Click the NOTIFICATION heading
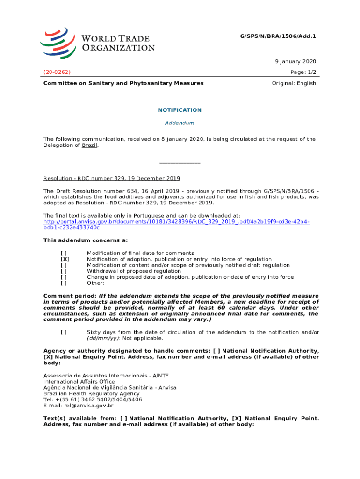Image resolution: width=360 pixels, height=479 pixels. pos(180,110)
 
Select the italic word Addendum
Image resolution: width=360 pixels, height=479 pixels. pos(180,123)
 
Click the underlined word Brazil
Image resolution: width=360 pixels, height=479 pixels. pos(90,145)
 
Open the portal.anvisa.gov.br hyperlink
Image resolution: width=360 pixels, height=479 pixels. pos(176,222)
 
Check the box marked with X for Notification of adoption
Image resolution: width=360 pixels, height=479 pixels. pos(65,259)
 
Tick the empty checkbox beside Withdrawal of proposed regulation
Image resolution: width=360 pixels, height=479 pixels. pos(64,271)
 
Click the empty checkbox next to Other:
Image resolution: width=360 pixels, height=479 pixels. pos(64,283)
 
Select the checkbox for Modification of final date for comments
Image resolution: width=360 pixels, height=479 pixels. pos(64,253)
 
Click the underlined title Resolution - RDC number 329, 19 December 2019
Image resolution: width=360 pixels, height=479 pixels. pos(112,179)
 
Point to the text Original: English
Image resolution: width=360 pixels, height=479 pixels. pos(294,83)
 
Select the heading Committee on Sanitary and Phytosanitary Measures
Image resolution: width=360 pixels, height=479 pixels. pos(123,83)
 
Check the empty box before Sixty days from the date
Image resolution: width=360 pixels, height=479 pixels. pos(64,332)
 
